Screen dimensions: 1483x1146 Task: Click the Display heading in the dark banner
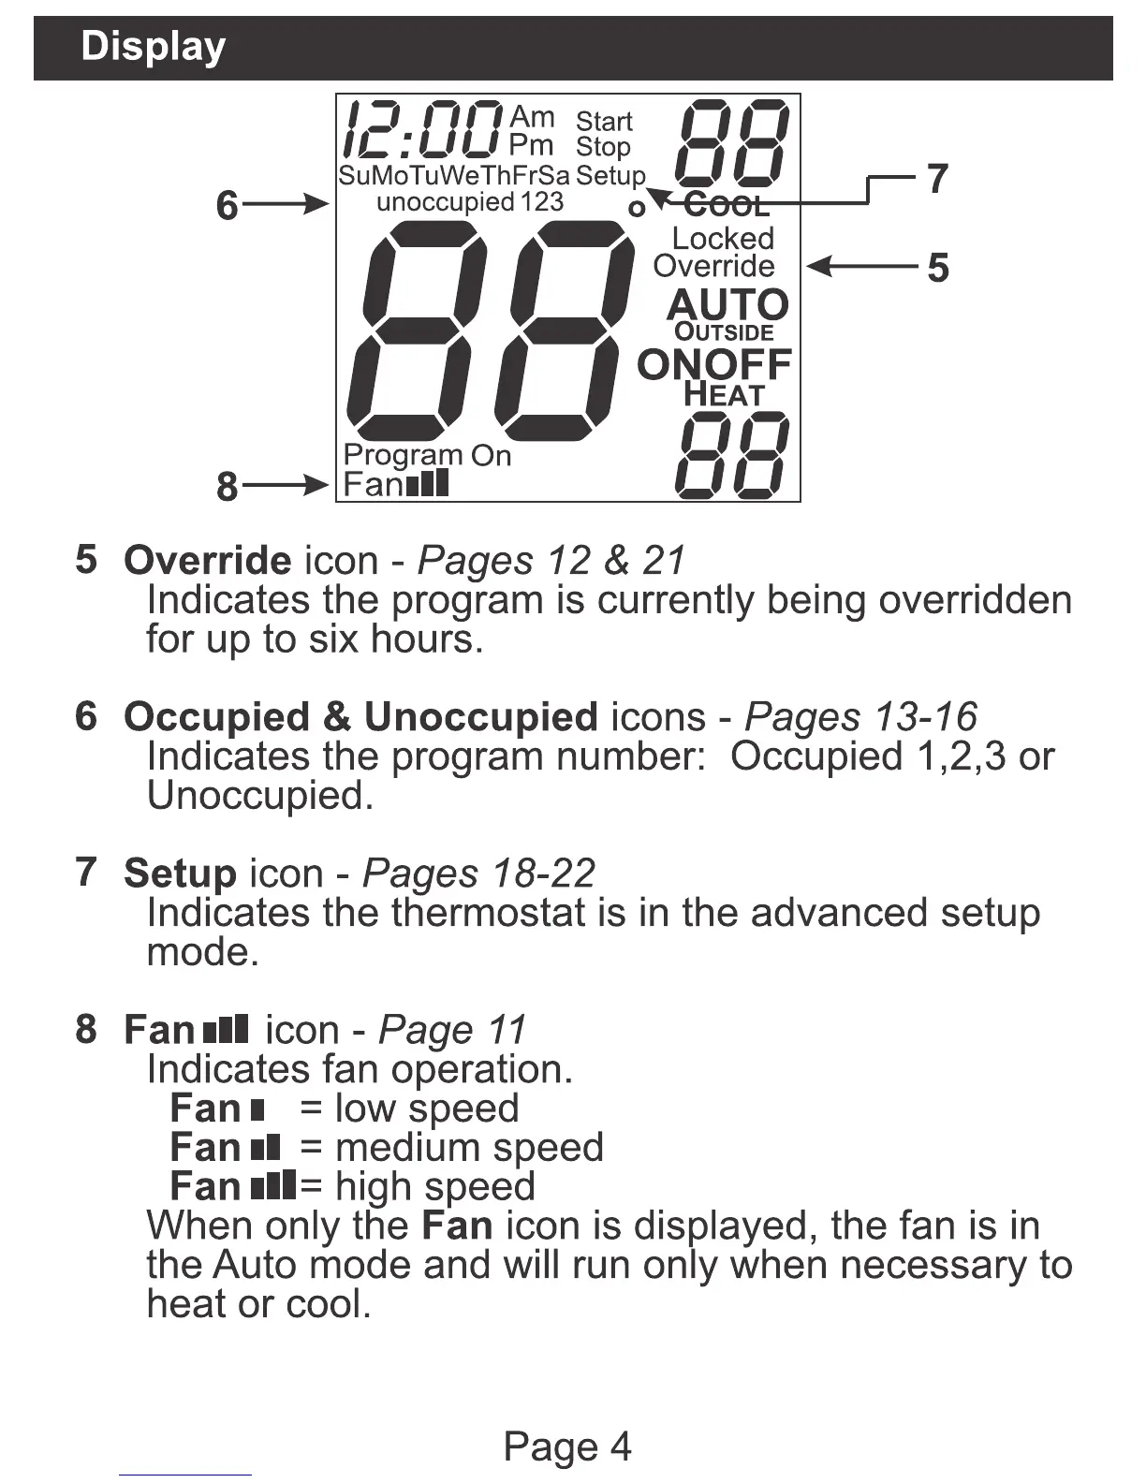click(x=153, y=47)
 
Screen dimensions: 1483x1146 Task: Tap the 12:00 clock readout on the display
click(x=421, y=130)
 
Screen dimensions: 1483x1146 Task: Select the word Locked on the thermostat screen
click(x=723, y=239)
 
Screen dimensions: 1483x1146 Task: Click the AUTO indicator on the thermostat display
click(x=727, y=305)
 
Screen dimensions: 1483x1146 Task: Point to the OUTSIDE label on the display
click(x=724, y=332)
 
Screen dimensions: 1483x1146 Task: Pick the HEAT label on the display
click(x=724, y=395)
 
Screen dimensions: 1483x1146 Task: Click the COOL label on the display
click(x=727, y=205)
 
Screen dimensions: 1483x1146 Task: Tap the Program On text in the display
click(x=427, y=456)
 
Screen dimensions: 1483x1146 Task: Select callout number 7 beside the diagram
click(x=937, y=179)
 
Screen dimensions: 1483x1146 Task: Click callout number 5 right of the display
click(x=937, y=269)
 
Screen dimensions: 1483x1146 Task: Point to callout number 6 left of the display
click(x=228, y=206)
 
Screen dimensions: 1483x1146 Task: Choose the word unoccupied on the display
click(x=445, y=202)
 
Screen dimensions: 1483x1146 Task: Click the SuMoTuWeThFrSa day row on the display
click(x=454, y=176)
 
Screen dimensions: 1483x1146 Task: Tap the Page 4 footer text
click(x=567, y=1446)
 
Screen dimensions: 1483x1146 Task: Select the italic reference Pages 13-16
click(x=859, y=717)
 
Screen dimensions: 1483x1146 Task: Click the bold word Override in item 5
click(x=207, y=561)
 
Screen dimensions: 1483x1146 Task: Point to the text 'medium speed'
click(x=469, y=1148)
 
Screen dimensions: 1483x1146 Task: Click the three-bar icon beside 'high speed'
click(x=274, y=1186)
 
